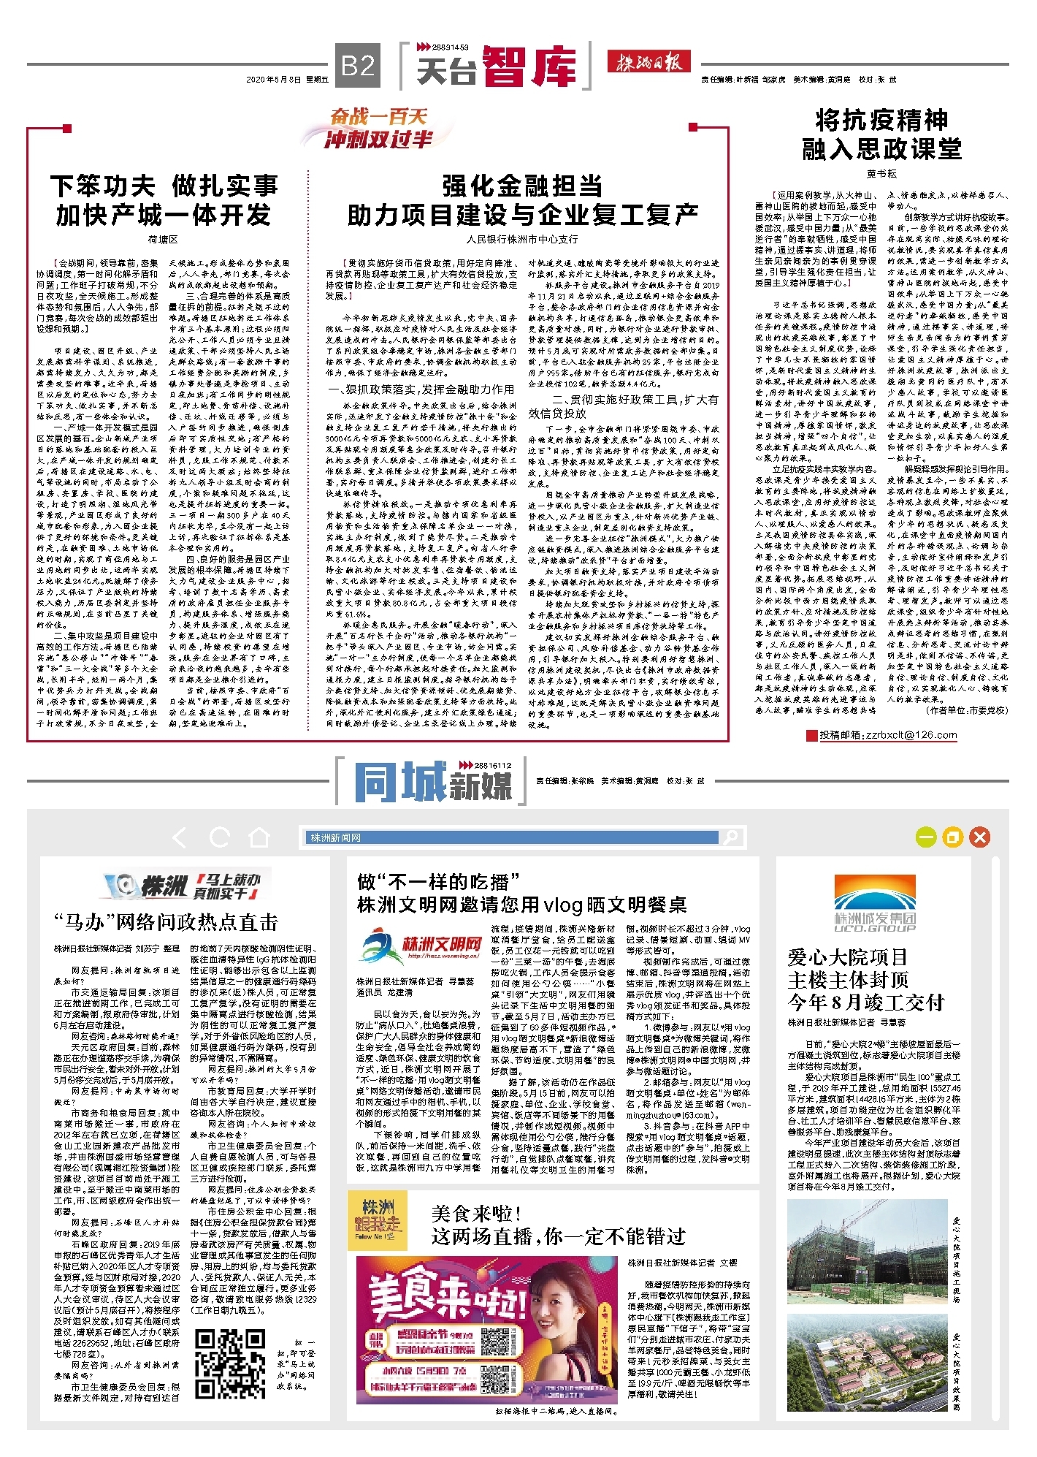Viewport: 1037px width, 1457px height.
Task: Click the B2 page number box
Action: [358, 66]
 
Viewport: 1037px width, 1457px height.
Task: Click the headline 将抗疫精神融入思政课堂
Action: [881, 134]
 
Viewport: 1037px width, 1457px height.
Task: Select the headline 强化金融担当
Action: [522, 186]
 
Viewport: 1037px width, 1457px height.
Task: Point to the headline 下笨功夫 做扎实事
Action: [164, 186]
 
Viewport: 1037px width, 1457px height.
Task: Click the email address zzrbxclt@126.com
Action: [888, 735]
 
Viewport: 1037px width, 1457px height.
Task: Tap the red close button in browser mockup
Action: [980, 837]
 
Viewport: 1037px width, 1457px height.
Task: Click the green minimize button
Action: [927, 837]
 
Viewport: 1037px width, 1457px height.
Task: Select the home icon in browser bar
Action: [259, 837]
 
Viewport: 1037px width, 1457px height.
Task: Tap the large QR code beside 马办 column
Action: [230, 1355]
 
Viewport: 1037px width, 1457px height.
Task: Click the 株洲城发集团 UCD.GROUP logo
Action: [875, 904]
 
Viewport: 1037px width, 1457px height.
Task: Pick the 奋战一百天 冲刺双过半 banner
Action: [377, 128]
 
